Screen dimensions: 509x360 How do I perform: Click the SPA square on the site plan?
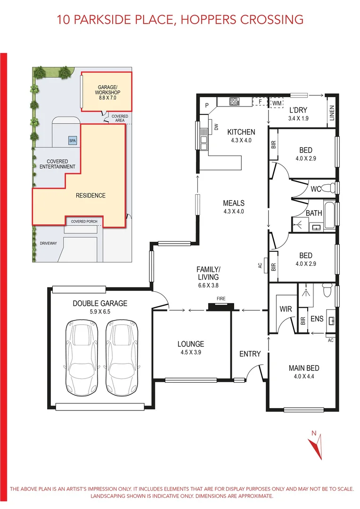(x=72, y=141)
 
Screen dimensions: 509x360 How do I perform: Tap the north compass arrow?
(x=315, y=445)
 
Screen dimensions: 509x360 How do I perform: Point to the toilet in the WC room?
(x=333, y=189)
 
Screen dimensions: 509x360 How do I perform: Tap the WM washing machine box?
(x=276, y=102)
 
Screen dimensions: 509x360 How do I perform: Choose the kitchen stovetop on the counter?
(x=234, y=101)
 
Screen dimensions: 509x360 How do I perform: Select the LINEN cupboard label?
(x=332, y=113)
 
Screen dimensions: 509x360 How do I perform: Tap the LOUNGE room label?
(x=191, y=344)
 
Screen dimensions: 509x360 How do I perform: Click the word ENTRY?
(x=250, y=353)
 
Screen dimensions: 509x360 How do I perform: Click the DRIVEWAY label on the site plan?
(x=48, y=244)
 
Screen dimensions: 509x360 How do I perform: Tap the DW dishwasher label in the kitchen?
(x=216, y=127)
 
